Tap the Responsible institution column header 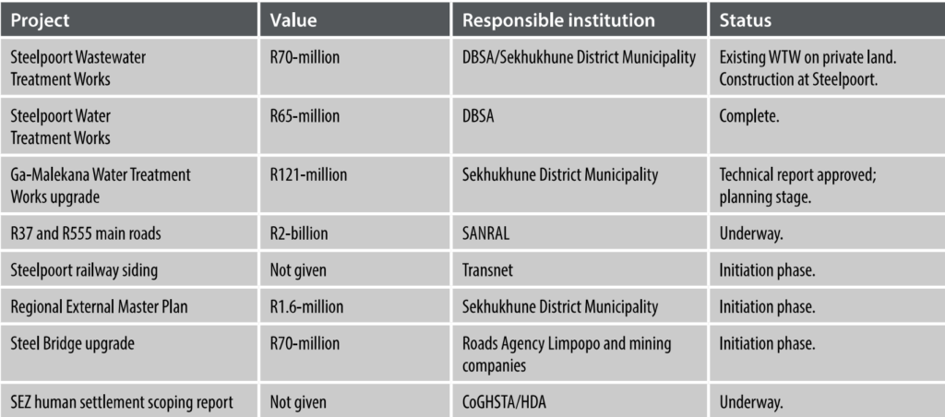(x=558, y=19)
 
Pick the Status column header (x=746, y=19)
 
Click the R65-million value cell (x=305, y=117)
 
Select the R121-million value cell (x=308, y=174)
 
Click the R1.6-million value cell (x=308, y=306)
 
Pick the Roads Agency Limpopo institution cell (x=566, y=352)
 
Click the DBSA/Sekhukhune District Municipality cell (x=579, y=58)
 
